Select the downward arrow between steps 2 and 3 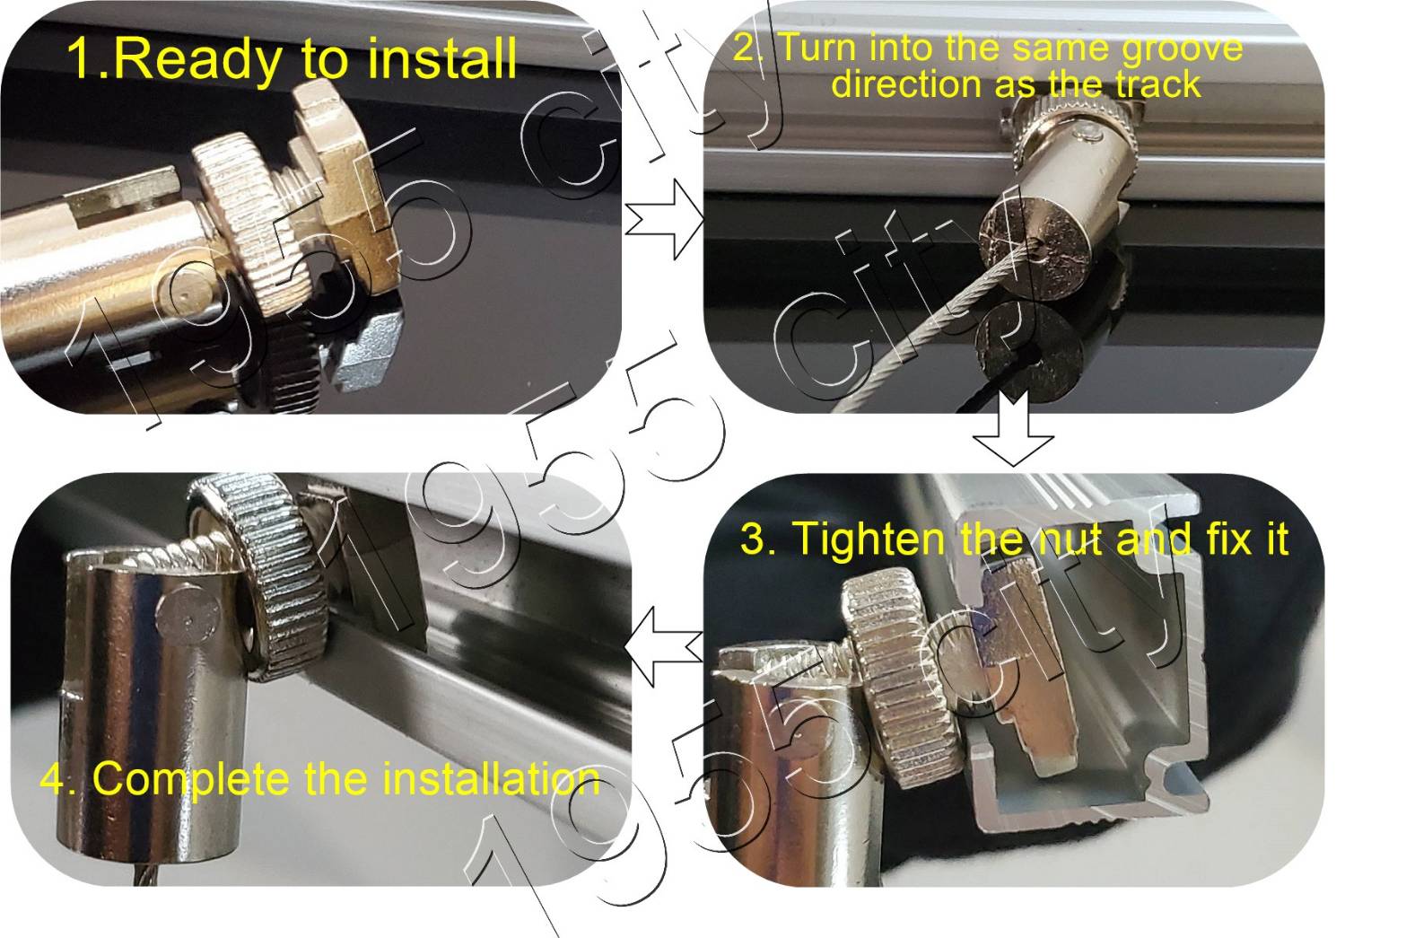coord(1012,427)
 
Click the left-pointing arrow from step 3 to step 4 coord(663,646)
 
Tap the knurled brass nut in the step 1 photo coord(251,226)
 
